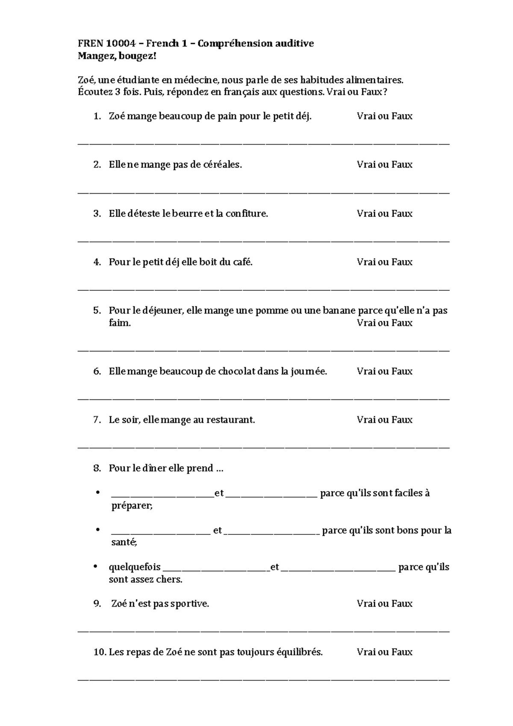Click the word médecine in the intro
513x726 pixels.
coord(199,80)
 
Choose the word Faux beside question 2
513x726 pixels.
coord(402,165)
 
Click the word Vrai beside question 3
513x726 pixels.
coord(366,213)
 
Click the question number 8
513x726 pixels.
coord(97,468)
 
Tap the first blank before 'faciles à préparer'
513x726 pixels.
coord(162,494)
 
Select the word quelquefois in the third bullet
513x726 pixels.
coord(135,567)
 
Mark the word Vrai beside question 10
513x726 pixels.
coord(366,652)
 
